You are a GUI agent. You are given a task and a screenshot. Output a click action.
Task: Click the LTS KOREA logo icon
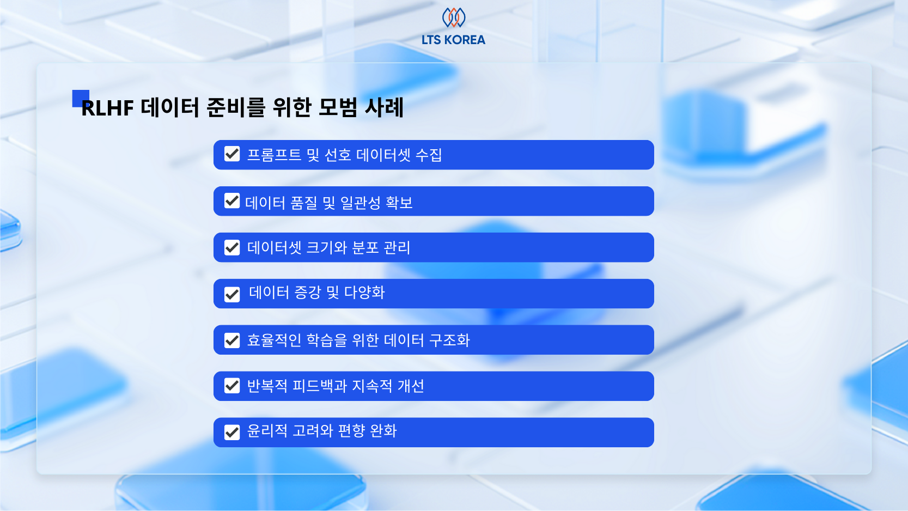(x=453, y=17)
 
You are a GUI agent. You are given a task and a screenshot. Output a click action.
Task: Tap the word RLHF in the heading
(x=108, y=108)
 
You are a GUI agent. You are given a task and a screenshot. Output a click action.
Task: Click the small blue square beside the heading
(x=80, y=98)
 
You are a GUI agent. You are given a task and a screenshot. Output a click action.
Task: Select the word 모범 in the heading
(x=338, y=107)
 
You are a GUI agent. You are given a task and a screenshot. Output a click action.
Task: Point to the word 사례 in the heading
(x=384, y=107)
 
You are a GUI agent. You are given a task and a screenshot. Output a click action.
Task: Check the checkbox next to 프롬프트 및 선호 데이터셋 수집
(x=232, y=154)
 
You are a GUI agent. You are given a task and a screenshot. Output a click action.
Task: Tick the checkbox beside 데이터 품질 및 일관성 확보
(x=232, y=201)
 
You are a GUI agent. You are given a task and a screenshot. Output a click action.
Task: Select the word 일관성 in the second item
(x=360, y=203)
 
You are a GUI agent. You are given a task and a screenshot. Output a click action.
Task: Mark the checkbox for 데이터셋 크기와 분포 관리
(x=232, y=248)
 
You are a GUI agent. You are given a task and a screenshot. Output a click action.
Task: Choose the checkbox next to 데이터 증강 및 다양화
(x=232, y=295)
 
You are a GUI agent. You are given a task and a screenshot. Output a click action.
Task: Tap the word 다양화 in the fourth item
(x=364, y=293)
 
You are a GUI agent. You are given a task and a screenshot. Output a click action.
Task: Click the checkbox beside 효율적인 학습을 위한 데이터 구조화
(x=232, y=340)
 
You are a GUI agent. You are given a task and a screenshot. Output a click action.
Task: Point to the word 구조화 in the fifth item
(x=449, y=340)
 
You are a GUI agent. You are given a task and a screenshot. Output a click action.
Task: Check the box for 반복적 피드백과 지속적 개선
(x=232, y=386)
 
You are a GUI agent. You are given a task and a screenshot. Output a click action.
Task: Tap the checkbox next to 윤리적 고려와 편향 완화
(x=232, y=433)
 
